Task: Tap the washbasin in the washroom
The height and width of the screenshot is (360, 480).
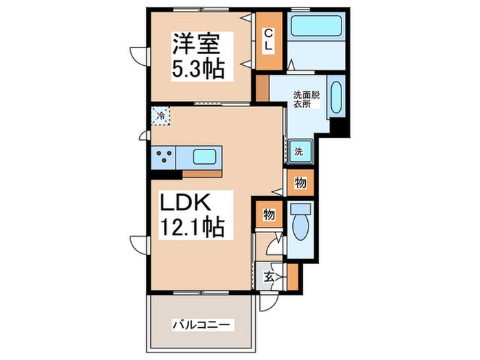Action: [336, 100]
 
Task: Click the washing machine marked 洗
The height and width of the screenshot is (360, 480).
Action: [300, 151]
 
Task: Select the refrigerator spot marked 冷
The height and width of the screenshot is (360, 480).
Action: [160, 116]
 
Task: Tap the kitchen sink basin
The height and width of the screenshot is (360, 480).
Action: [205, 157]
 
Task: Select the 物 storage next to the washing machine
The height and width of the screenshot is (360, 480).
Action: [300, 182]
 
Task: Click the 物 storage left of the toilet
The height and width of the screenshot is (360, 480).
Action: [269, 215]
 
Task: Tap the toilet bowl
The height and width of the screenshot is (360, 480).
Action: [300, 228]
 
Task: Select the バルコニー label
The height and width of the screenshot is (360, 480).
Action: [203, 324]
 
